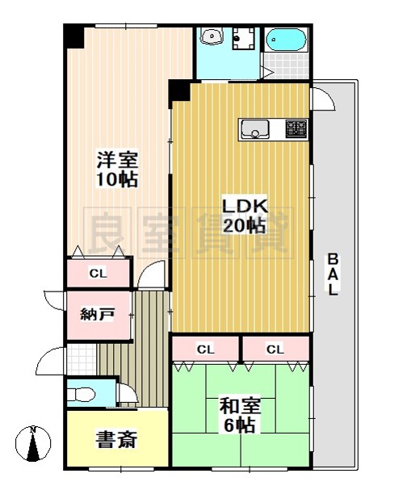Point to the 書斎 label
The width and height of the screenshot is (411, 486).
pyautogui.click(x=116, y=439)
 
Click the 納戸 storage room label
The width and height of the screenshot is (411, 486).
pyautogui.click(x=96, y=315)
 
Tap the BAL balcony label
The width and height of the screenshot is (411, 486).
pyautogui.click(x=332, y=274)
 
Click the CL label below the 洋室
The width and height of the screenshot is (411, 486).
pyautogui.click(x=98, y=274)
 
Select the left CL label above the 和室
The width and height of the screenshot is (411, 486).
pyautogui.click(x=205, y=350)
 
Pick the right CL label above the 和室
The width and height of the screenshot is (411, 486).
pyautogui.click(x=275, y=350)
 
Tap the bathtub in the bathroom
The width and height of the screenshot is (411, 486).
pyautogui.click(x=285, y=40)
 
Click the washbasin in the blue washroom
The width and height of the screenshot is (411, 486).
pyautogui.click(x=212, y=36)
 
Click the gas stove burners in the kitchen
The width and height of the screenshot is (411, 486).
pyautogui.click(x=296, y=128)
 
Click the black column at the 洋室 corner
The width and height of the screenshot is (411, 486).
pyautogui.click(x=74, y=36)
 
